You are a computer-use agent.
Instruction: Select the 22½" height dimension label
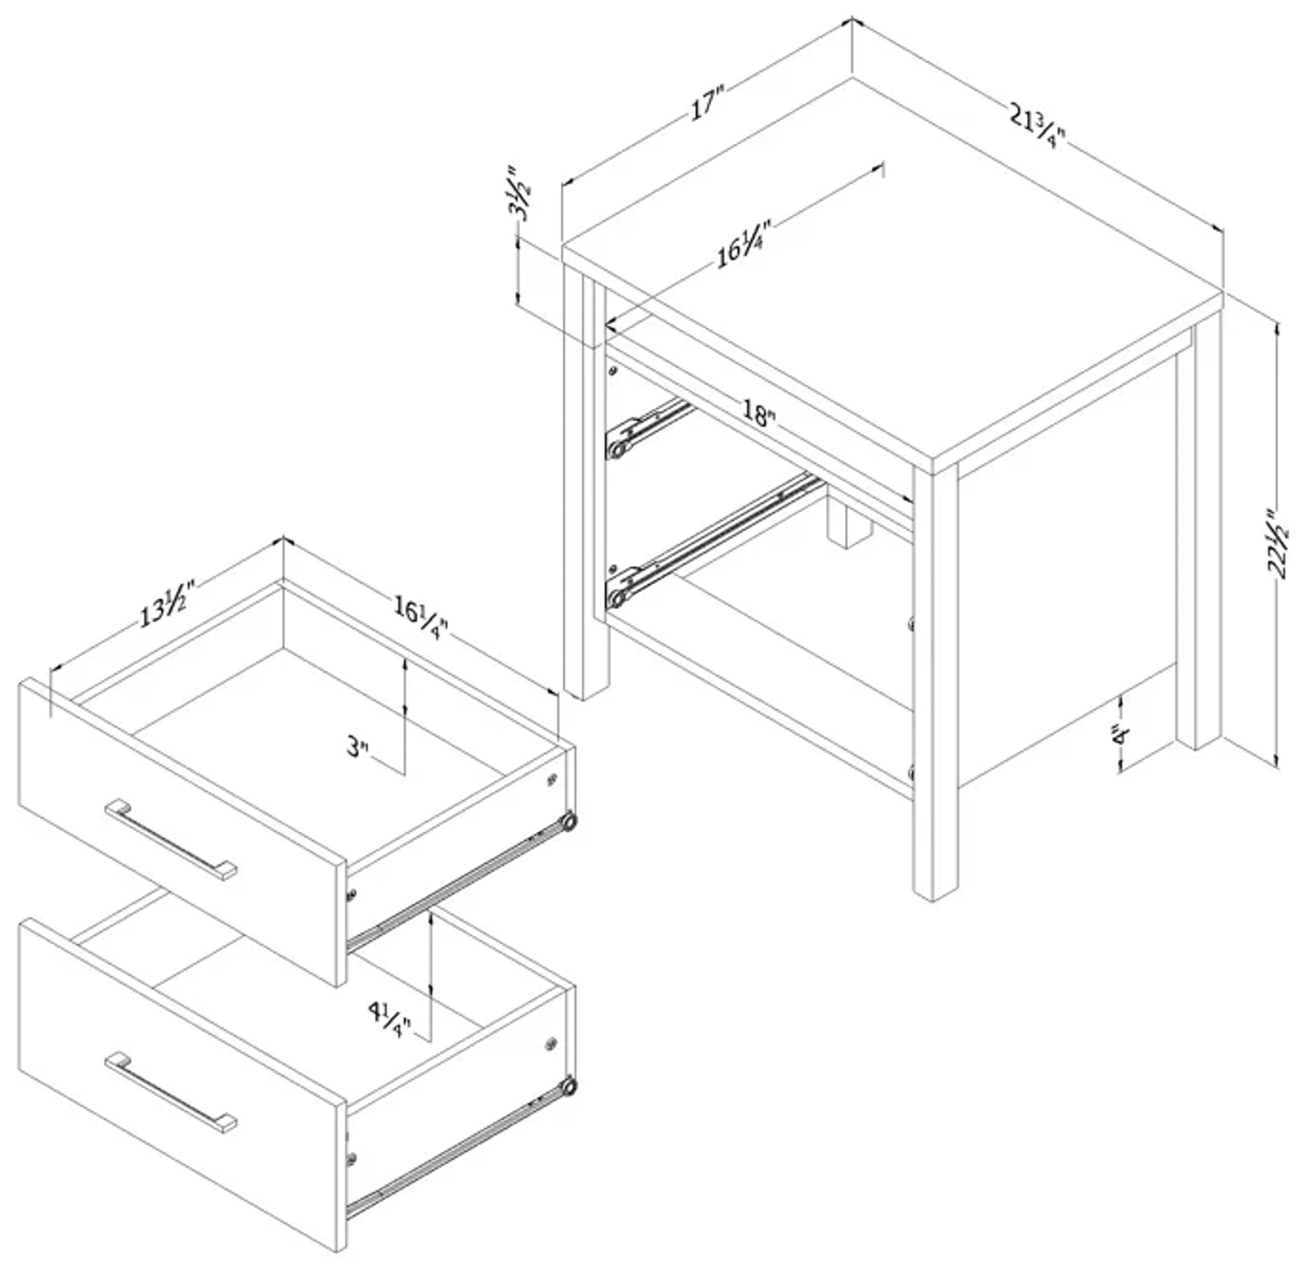[x=1276, y=544]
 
